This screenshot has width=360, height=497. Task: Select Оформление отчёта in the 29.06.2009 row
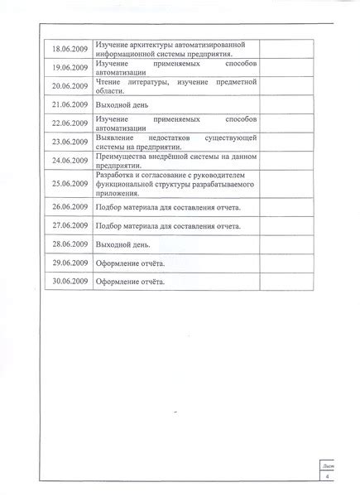click(x=130, y=264)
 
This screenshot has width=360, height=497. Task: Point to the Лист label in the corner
click(x=328, y=466)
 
